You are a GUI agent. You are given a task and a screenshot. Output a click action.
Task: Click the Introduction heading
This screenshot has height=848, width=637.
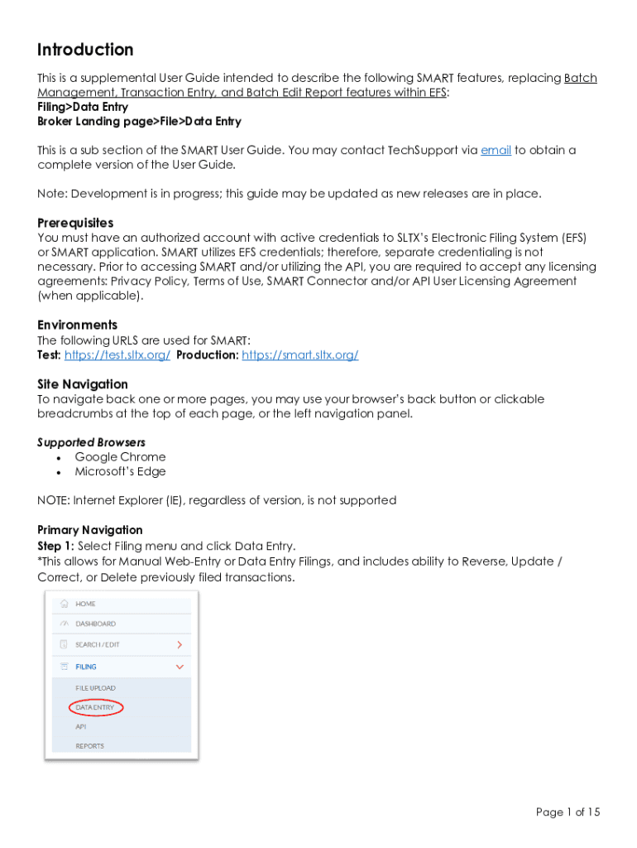tap(85, 50)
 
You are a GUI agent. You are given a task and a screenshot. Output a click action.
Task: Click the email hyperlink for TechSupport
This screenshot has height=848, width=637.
tap(496, 150)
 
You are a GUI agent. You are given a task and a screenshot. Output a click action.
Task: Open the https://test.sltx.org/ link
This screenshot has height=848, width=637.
tap(117, 354)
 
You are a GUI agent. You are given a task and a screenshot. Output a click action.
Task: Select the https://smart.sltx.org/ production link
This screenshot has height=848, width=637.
tap(299, 354)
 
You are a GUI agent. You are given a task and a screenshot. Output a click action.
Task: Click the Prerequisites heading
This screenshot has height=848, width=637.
tap(75, 223)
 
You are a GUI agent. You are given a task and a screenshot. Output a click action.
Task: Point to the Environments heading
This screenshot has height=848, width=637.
tap(77, 325)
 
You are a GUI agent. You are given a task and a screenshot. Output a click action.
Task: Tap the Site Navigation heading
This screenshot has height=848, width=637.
tap(83, 384)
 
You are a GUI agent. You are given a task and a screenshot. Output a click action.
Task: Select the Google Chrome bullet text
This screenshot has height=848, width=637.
tap(120, 457)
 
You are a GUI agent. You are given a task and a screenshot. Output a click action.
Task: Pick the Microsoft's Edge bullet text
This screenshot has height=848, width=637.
tap(120, 472)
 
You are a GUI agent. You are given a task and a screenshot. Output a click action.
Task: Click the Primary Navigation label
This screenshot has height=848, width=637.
tap(90, 530)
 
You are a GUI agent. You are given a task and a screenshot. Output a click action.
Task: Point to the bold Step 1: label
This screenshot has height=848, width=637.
tap(56, 546)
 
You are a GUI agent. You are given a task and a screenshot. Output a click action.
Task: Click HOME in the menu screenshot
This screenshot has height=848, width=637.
tap(86, 604)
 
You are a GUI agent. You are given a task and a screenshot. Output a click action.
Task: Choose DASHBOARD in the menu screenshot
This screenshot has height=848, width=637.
tap(96, 624)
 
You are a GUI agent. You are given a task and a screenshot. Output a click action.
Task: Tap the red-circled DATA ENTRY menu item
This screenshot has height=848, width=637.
tap(95, 708)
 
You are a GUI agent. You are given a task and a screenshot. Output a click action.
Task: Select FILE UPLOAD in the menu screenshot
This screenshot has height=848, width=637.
tap(96, 688)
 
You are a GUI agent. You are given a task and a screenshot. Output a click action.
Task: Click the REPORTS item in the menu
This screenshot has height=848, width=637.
tap(90, 746)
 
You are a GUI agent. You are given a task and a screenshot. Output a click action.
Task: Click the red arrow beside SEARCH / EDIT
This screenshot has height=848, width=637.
tap(180, 644)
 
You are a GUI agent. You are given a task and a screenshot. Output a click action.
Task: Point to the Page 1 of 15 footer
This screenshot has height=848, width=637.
tap(568, 812)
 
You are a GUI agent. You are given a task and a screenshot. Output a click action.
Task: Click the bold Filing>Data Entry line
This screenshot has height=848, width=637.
tap(83, 107)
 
